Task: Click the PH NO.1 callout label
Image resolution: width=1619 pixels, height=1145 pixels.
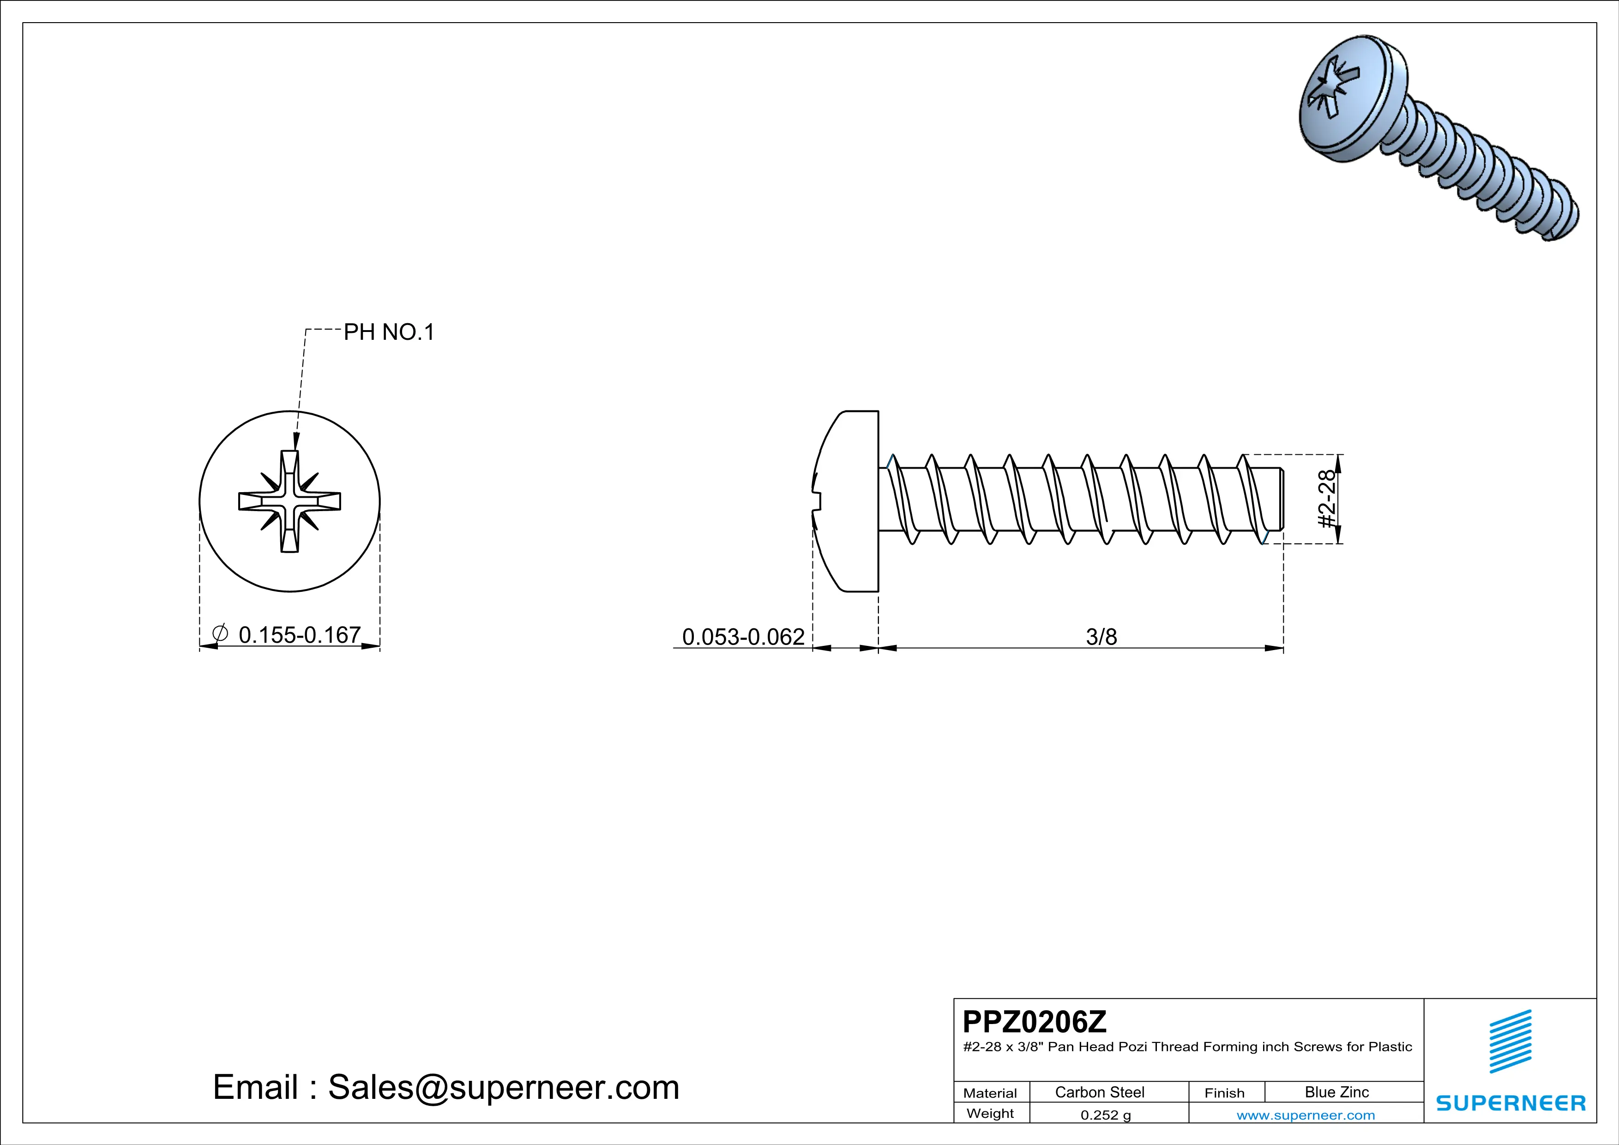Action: coord(389,332)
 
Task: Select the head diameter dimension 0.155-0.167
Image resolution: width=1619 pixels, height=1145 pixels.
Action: coord(300,635)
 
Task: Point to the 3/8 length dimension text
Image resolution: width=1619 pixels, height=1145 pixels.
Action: coord(1101,637)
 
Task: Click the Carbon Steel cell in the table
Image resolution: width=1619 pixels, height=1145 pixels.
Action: coord(1099,1092)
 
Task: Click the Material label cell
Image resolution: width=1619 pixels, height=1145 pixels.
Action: coord(990,1093)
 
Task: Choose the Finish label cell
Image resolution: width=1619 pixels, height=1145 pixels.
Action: coord(1224,1093)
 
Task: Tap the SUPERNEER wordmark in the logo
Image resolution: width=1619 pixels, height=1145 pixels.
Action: coord(1511,1103)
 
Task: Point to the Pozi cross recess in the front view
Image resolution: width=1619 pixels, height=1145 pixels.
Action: coord(290,501)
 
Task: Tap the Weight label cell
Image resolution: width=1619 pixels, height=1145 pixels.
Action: coord(990,1113)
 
